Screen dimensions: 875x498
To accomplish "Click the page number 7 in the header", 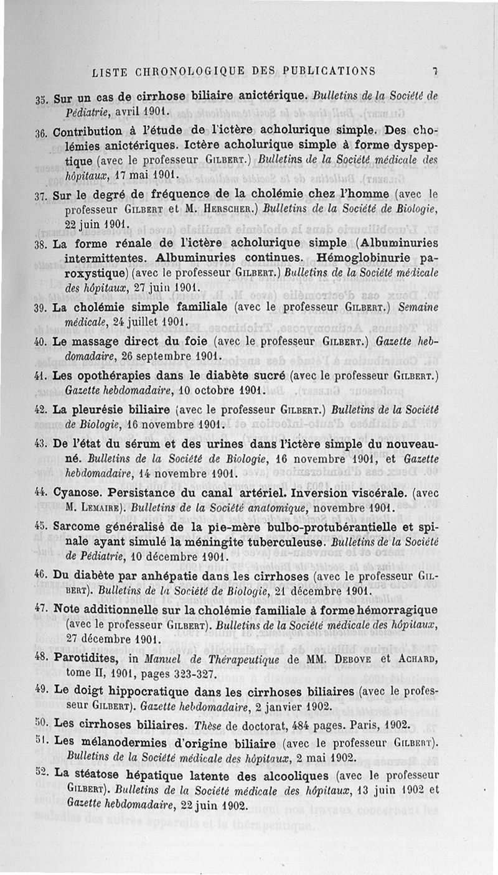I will (x=436, y=71).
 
